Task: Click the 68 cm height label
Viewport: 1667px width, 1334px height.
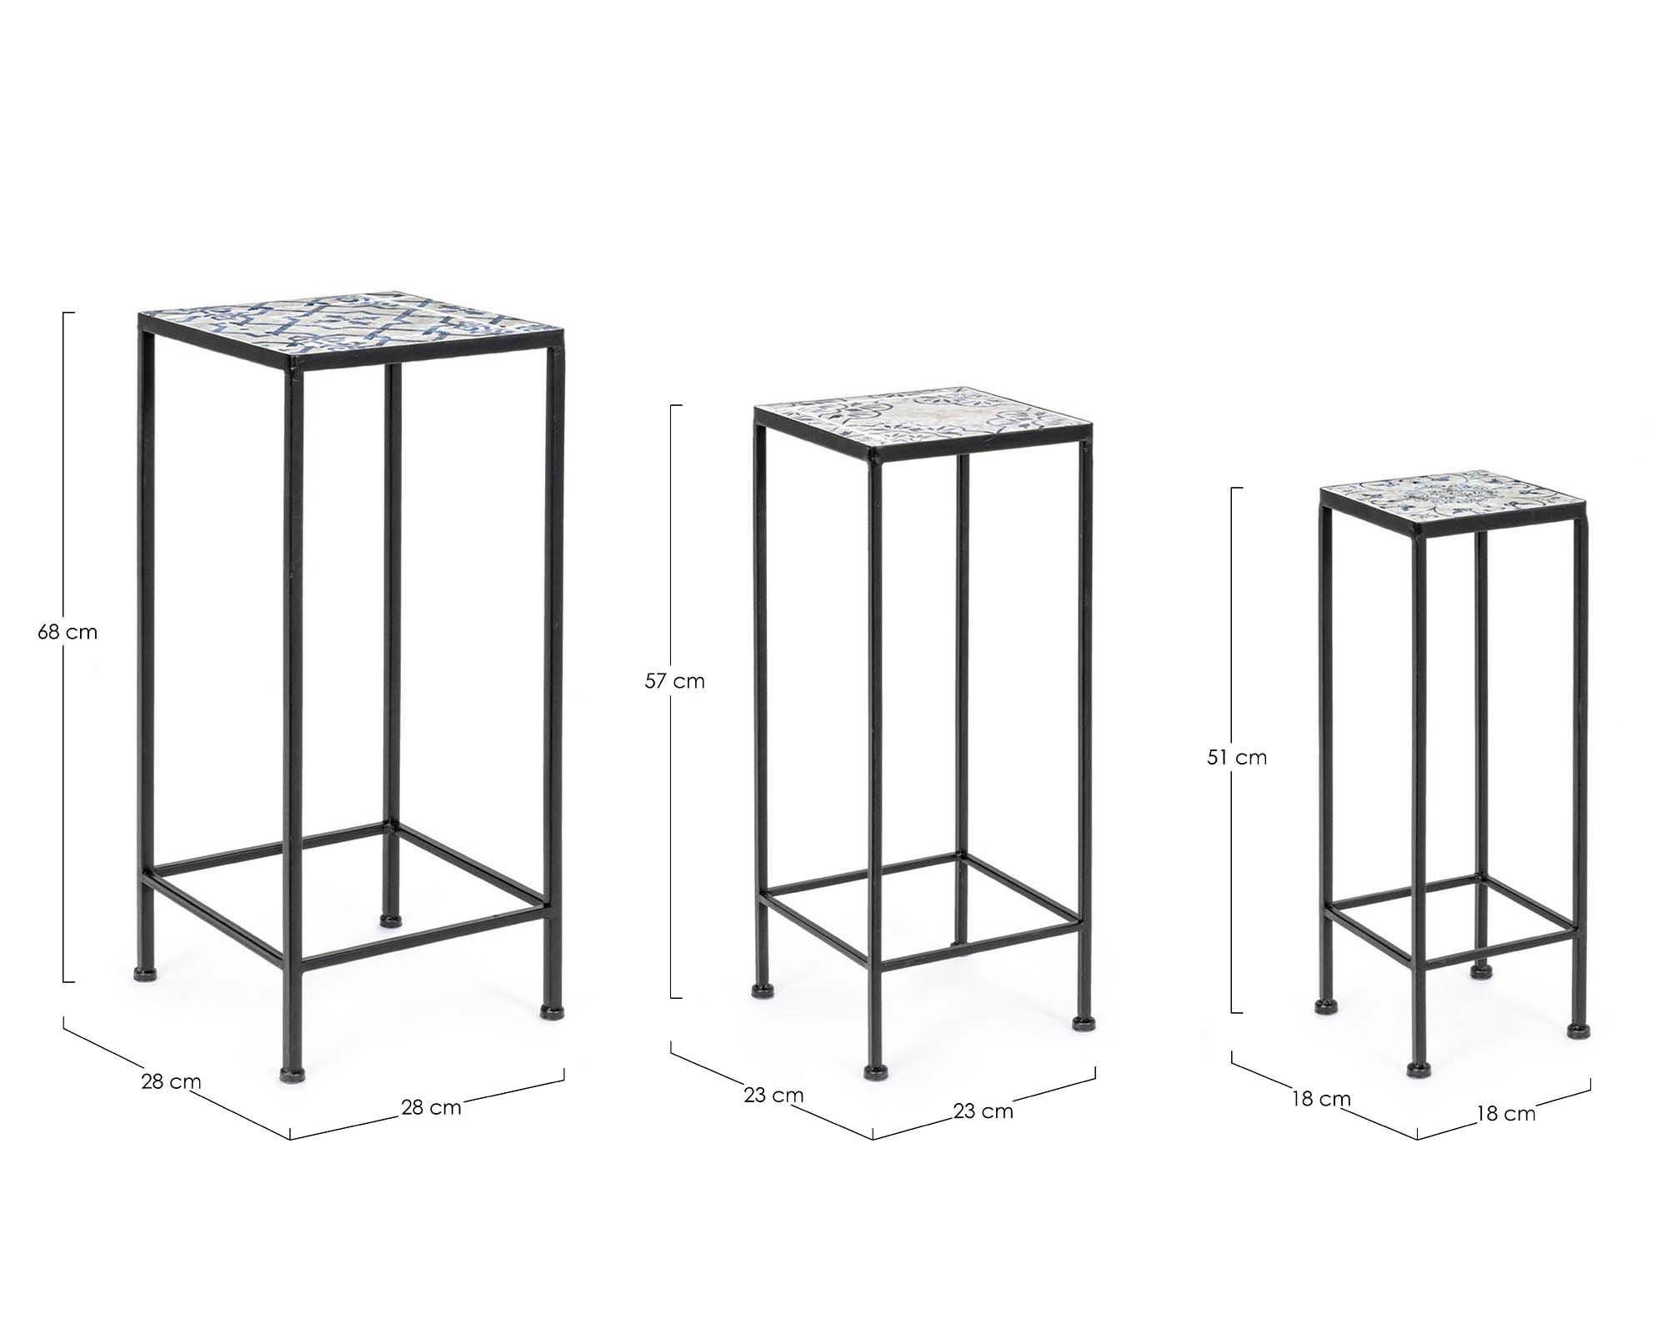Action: (x=68, y=632)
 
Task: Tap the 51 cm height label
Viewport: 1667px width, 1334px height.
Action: (x=1237, y=757)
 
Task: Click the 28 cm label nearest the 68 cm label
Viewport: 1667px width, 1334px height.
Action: (x=171, y=1082)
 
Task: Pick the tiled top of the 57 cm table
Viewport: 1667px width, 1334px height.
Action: (x=922, y=418)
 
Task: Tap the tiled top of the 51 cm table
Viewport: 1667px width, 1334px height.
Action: (x=1454, y=499)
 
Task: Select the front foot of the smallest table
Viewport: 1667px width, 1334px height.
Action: (x=1416, y=1069)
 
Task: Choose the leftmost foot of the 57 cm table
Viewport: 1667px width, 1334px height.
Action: (x=760, y=990)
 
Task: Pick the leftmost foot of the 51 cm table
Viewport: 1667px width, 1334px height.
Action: (x=1324, y=1007)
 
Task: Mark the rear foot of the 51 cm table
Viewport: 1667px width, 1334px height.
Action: (x=1480, y=971)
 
